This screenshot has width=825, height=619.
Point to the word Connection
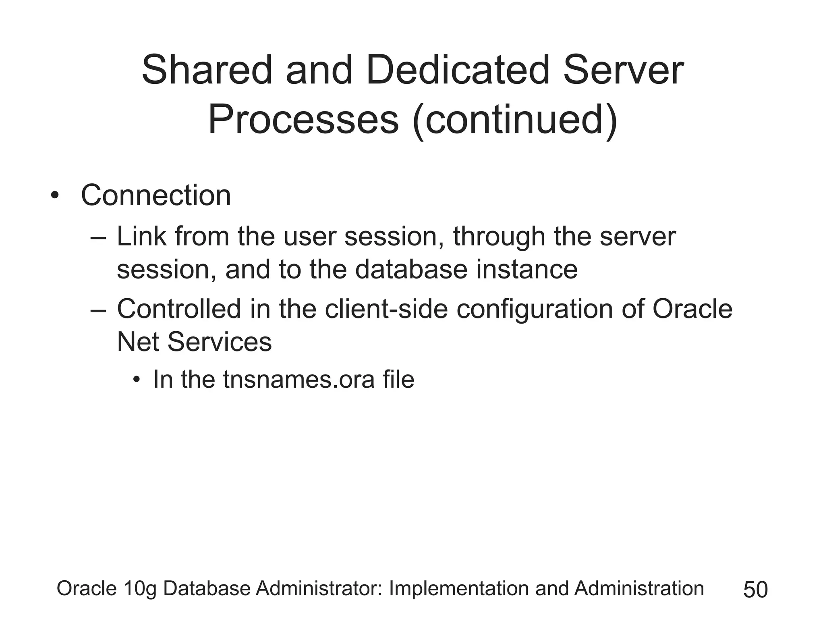click(x=156, y=196)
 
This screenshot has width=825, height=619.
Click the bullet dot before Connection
click(x=55, y=196)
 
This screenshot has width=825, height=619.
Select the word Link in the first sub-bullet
click(x=141, y=237)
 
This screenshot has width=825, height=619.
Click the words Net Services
click(x=194, y=342)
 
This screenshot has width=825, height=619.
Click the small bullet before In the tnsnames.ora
click(x=137, y=380)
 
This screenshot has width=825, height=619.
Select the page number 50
click(x=755, y=590)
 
